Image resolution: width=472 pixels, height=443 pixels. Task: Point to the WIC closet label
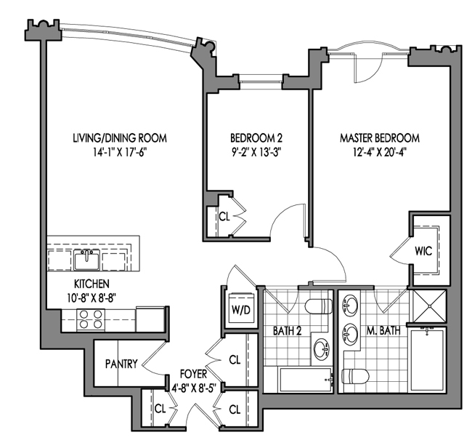pyautogui.click(x=423, y=251)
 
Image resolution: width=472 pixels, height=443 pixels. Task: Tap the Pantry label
pyautogui.click(x=121, y=363)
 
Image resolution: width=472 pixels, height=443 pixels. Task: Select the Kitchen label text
pyautogui.click(x=91, y=283)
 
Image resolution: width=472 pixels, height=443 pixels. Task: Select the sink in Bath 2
pyautogui.click(x=321, y=349)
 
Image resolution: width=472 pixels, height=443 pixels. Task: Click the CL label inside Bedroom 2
pyautogui.click(x=224, y=216)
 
